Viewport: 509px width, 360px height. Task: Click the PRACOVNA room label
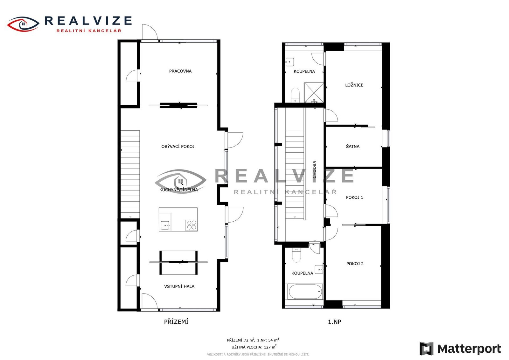click(180, 71)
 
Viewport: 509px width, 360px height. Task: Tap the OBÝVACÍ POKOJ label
click(178, 147)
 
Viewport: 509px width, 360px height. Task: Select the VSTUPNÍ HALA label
click(179, 287)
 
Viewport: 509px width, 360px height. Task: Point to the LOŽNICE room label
click(354, 85)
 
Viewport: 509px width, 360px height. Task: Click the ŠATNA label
click(352, 147)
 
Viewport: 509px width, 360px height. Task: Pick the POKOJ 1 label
click(354, 197)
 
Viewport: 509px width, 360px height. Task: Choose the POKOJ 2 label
click(355, 264)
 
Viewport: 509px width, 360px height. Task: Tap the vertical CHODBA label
click(314, 170)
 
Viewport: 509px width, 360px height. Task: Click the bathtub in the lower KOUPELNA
click(305, 292)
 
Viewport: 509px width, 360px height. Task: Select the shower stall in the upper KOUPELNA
click(314, 93)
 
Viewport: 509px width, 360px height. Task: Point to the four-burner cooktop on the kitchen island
click(191, 225)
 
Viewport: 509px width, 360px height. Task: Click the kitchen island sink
click(165, 225)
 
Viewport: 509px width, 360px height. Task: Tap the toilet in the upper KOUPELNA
click(295, 95)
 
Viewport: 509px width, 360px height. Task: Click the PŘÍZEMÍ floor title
click(176, 322)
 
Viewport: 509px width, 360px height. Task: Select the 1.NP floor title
click(334, 322)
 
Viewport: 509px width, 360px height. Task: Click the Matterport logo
click(460, 349)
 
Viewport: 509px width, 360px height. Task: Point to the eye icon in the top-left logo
click(23, 24)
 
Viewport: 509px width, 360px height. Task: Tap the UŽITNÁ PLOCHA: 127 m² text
click(254, 347)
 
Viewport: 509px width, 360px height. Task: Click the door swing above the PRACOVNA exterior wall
click(150, 32)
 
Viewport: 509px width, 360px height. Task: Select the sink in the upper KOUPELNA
click(289, 62)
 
